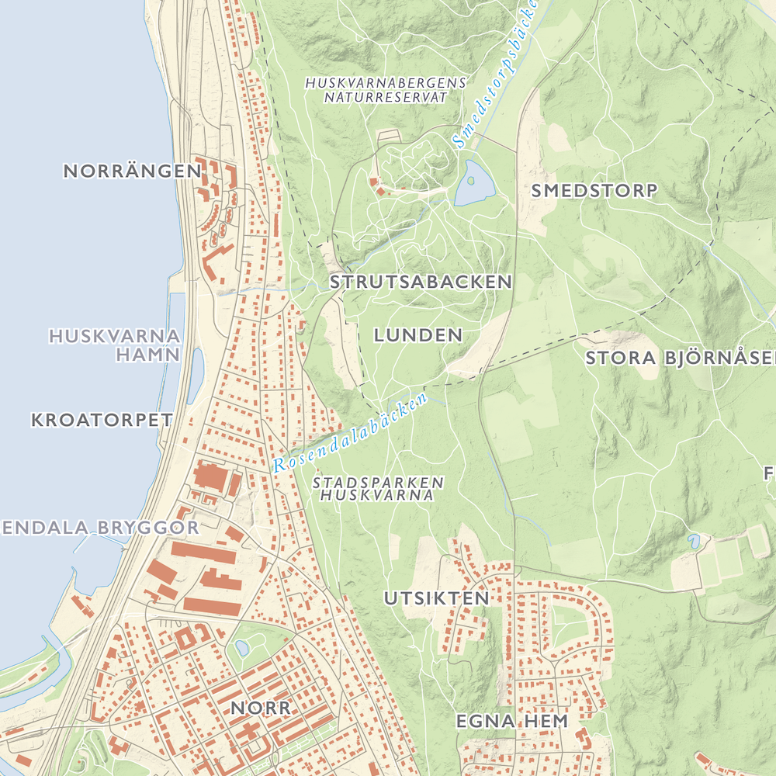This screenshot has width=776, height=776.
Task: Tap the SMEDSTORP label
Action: tap(594, 190)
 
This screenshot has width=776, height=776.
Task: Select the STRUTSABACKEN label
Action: tap(421, 282)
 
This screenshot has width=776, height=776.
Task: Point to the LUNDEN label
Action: tap(418, 335)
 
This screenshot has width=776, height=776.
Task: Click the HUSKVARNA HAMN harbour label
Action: tap(115, 346)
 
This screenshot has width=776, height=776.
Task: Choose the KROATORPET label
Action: tap(102, 420)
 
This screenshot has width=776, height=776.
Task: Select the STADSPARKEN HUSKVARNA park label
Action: tap(378, 488)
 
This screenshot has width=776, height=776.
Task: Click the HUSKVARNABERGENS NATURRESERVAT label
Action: tap(386, 90)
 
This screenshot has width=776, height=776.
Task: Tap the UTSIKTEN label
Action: tap(437, 598)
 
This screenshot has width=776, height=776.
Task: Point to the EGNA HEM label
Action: tap(511, 721)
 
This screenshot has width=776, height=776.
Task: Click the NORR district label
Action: tap(261, 708)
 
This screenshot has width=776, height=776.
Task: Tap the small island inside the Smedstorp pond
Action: tap(470, 182)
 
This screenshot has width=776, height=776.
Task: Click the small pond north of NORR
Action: tap(241, 646)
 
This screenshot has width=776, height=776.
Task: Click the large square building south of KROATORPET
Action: tap(209, 476)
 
